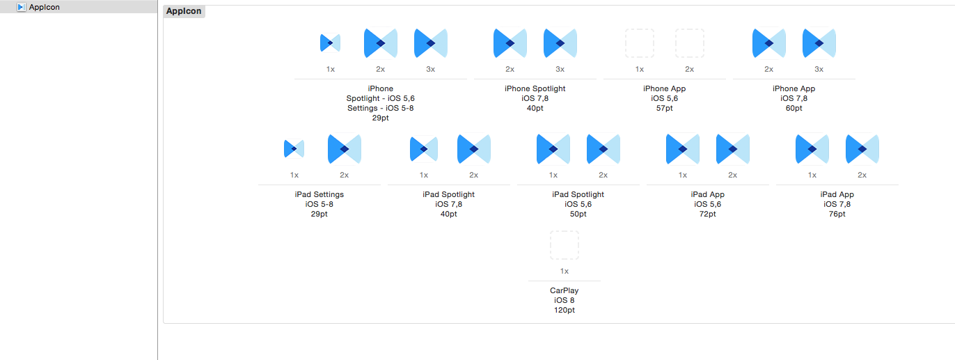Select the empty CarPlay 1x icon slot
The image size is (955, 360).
[x=565, y=245]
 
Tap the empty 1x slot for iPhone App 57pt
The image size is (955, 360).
[x=640, y=43]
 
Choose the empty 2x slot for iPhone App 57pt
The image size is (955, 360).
[x=690, y=43]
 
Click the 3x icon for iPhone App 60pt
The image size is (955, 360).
[x=819, y=43]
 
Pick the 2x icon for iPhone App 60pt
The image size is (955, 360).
[x=769, y=43]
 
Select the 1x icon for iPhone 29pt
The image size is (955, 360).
[x=331, y=43]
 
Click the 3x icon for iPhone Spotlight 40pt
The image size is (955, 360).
[x=560, y=43]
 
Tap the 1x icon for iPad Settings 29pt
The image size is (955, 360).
[x=294, y=149]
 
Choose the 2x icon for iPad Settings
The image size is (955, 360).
[x=345, y=149]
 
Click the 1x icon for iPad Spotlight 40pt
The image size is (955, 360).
[x=424, y=149]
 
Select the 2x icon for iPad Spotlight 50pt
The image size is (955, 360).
[x=603, y=149]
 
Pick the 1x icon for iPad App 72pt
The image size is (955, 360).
[x=683, y=149]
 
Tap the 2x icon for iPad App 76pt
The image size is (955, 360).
[x=862, y=149]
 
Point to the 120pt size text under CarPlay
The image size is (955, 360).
[x=565, y=310]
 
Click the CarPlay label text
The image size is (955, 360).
[x=565, y=290]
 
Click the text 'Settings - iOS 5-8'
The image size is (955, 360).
[x=380, y=108]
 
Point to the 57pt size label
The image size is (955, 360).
[x=665, y=108]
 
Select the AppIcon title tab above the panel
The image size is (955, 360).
[x=184, y=11]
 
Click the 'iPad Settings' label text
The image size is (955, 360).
[x=319, y=194]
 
